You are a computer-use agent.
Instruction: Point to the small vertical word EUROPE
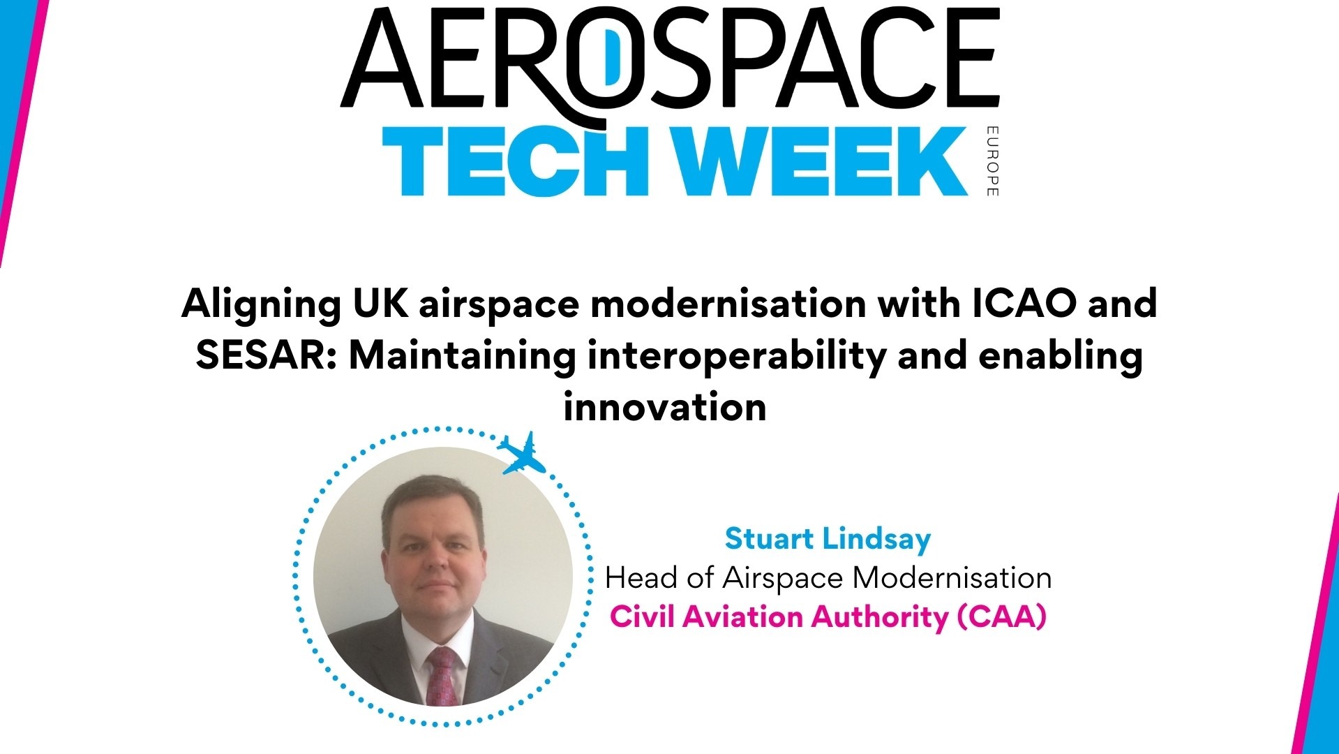point(992,161)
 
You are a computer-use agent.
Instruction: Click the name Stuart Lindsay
point(828,539)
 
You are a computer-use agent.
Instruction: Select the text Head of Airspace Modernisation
point(828,578)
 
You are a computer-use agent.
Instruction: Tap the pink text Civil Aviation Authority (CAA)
point(828,617)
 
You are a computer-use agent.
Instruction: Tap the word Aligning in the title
point(261,304)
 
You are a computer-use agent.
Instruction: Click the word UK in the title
point(380,303)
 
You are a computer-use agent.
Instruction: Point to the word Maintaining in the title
point(462,355)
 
